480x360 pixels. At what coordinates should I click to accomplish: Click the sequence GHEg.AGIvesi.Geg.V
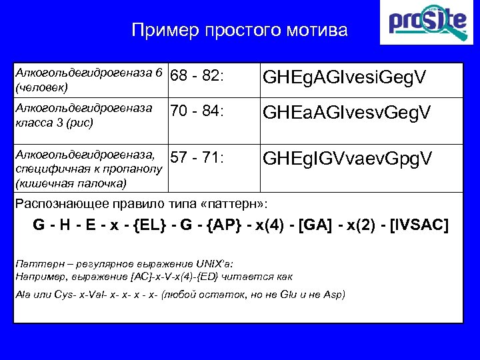(344, 79)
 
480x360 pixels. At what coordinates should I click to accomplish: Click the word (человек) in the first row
(41, 87)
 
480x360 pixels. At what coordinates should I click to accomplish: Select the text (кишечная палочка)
(62, 182)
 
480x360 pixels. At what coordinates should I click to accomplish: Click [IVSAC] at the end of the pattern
(419, 225)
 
